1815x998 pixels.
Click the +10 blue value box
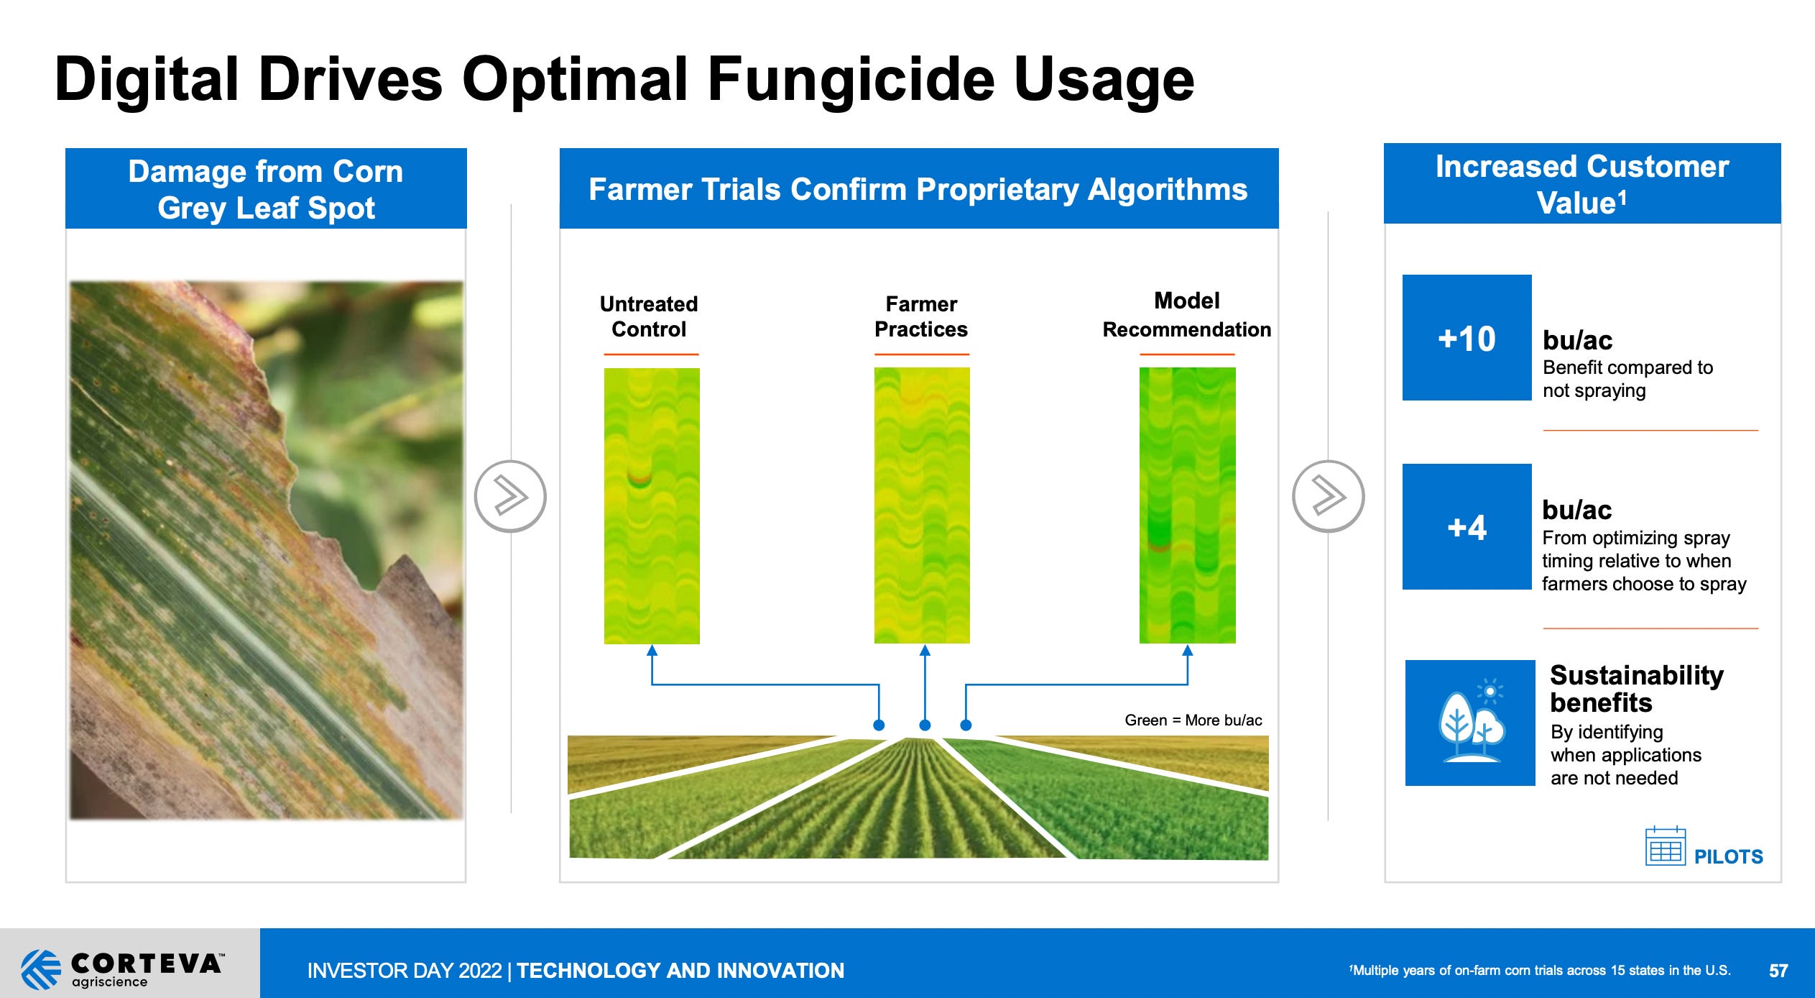pyautogui.click(x=1467, y=338)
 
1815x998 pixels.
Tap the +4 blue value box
pyautogui.click(x=1467, y=527)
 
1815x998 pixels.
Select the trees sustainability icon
pyautogui.click(x=1469, y=723)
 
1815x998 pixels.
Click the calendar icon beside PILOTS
pyautogui.click(x=1665, y=847)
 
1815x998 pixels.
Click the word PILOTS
pyautogui.click(x=1728, y=856)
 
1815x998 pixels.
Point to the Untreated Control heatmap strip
pyautogui.click(x=652, y=505)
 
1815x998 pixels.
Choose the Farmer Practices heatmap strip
pyautogui.click(x=922, y=505)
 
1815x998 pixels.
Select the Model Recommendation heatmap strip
pyautogui.click(x=1187, y=505)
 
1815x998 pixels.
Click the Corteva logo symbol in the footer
pyautogui.click(x=41, y=969)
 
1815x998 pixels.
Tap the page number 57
pyautogui.click(x=1778, y=971)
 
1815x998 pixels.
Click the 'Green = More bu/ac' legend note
pyautogui.click(x=1193, y=720)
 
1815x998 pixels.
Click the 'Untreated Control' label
pyautogui.click(x=649, y=316)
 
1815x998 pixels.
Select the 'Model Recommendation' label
pyautogui.click(x=1186, y=315)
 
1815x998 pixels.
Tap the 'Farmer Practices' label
pyautogui.click(x=921, y=316)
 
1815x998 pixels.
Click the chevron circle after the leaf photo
pyautogui.click(x=510, y=496)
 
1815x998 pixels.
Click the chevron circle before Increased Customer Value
pyautogui.click(x=1328, y=496)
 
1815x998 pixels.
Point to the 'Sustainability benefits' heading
pyautogui.click(x=1636, y=688)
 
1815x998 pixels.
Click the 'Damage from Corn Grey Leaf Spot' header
pyautogui.click(x=266, y=189)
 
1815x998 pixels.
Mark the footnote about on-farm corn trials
pyautogui.click(x=1540, y=971)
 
